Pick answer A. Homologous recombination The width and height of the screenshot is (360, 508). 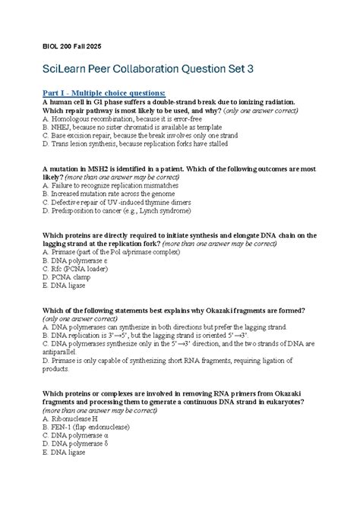tap(117, 119)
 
